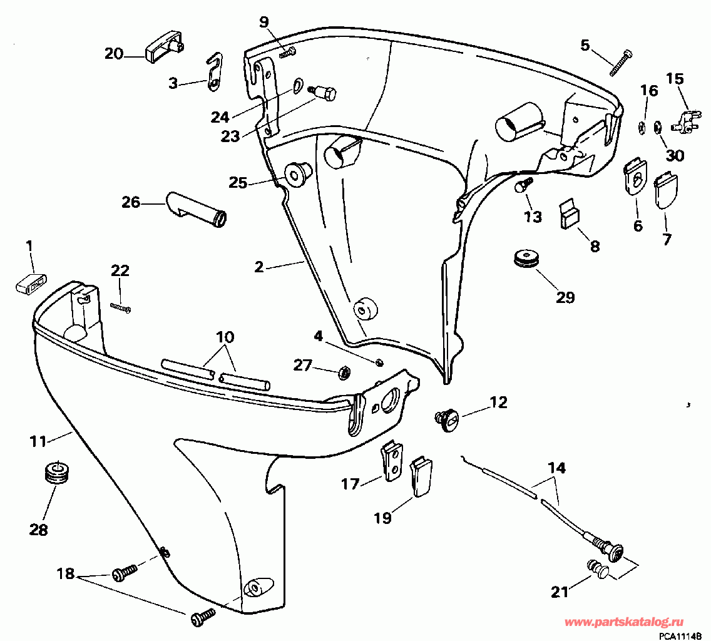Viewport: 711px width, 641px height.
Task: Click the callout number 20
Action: [x=114, y=54]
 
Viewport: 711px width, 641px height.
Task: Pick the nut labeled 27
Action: [x=345, y=373]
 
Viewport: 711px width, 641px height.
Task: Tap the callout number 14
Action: [x=557, y=467]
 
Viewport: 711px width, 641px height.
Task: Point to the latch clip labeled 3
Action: [x=215, y=72]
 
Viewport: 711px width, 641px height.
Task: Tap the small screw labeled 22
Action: [x=121, y=308]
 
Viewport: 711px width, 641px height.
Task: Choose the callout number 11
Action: [x=38, y=441]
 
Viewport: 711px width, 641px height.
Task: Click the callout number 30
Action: [x=675, y=156]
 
